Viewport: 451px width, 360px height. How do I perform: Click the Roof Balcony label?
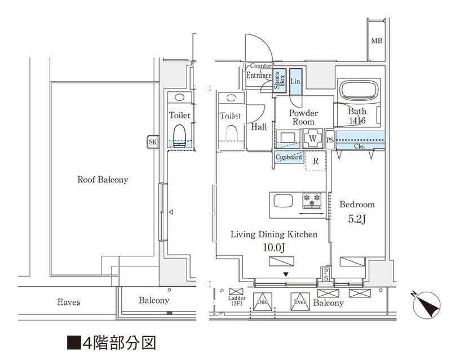103,180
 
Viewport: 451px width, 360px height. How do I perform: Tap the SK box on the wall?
152,142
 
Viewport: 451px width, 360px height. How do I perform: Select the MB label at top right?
377,41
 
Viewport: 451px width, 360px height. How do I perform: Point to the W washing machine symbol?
312,137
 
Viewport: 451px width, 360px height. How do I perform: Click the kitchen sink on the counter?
282,201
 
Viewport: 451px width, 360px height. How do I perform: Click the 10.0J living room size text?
273,248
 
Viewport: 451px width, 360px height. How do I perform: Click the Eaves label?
68,303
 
